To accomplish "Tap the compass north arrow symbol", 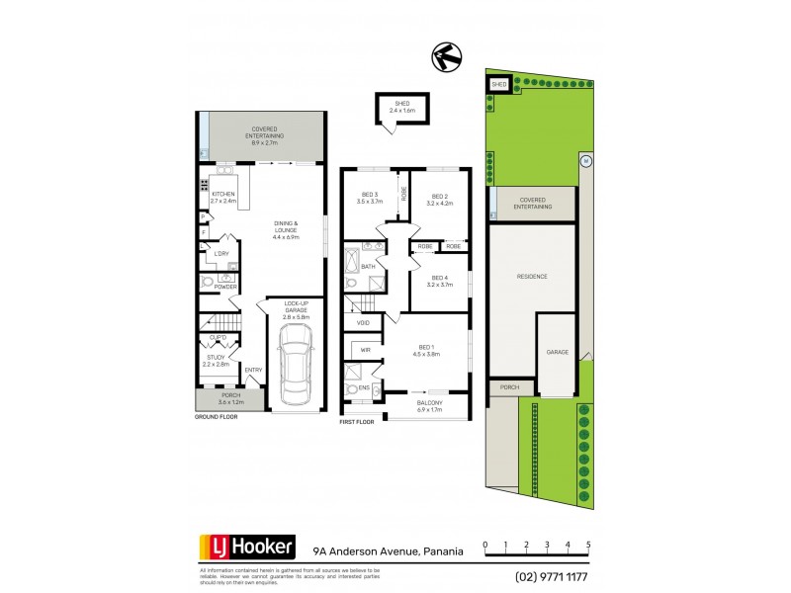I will (x=446, y=58).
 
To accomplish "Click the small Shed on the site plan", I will (x=498, y=85).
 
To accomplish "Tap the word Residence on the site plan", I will (x=532, y=277).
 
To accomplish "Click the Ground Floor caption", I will (x=218, y=419).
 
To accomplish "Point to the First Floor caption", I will (x=360, y=422).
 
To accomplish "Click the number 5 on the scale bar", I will (x=588, y=545).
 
